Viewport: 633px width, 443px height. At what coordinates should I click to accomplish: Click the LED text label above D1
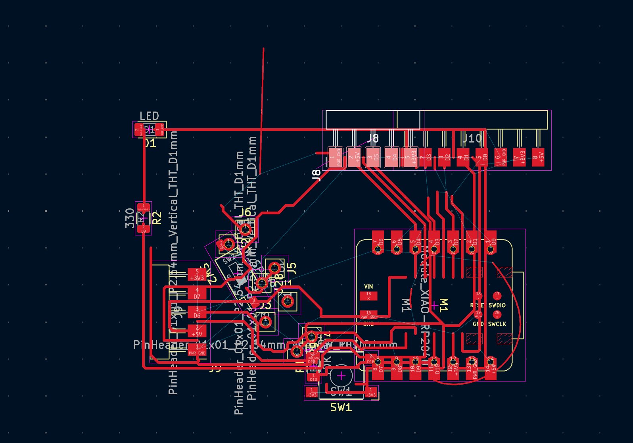149,116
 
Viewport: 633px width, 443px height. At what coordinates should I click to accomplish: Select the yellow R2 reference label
157,218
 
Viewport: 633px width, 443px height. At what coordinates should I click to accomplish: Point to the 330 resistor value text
130,218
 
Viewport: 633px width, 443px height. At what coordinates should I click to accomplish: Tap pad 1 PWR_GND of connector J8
335,157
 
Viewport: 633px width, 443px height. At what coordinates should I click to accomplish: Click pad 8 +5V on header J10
538,157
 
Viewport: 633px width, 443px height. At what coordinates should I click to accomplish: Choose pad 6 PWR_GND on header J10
500,157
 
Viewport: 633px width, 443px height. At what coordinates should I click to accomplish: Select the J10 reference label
472,139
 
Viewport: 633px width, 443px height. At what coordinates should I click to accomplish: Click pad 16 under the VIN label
368,296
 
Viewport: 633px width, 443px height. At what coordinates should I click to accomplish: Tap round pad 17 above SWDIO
497,295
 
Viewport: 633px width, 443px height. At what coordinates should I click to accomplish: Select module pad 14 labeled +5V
491,368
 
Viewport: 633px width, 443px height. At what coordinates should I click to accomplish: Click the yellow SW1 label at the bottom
341,407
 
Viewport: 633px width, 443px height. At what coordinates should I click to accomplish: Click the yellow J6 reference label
244,212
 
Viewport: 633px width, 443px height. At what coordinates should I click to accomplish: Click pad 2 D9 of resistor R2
144,229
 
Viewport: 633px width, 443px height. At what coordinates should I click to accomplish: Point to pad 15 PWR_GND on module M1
368,315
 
